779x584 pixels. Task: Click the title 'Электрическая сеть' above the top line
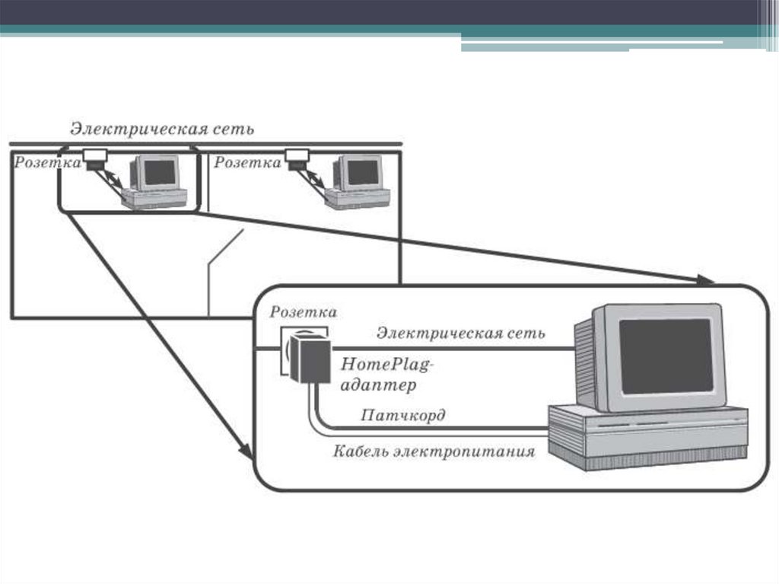162,128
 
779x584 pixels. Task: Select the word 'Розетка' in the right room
247,162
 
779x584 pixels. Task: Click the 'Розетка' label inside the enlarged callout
304,312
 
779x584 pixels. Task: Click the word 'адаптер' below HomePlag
379,385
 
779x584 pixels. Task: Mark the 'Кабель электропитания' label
434,452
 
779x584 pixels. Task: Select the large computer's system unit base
647,439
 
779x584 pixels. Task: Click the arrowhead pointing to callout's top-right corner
704,280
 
